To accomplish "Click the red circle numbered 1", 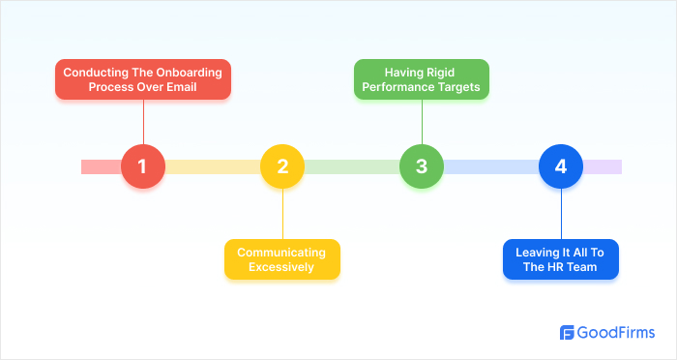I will pos(143,166).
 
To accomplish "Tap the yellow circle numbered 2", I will pos(282,166).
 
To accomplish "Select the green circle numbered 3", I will pos(422,166).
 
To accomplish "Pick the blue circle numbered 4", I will pos(561,166).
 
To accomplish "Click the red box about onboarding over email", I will pos(143,79).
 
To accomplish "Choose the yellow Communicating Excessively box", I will pos(282,258).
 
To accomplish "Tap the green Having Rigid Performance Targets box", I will pos(422,79).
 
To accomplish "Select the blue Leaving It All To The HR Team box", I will pos(561,258).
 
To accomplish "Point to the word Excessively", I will pos(282,267).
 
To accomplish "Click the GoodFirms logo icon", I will pos(568,333).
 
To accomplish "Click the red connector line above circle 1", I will pos(143,123).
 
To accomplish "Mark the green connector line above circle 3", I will pos(422,123).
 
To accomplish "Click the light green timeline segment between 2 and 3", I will pos(352,166).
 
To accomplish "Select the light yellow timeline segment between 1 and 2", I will pos(213,166).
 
